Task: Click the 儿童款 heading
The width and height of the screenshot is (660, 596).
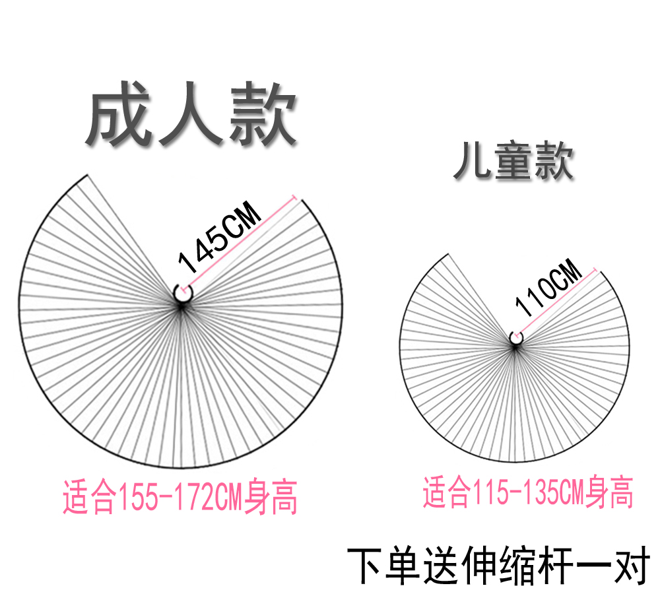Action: click(513, 162)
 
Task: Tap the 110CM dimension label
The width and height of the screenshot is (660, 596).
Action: click(548, 288)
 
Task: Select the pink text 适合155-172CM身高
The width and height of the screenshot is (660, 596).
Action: click(180, 498)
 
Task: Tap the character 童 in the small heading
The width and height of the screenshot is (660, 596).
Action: click(513, 162)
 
